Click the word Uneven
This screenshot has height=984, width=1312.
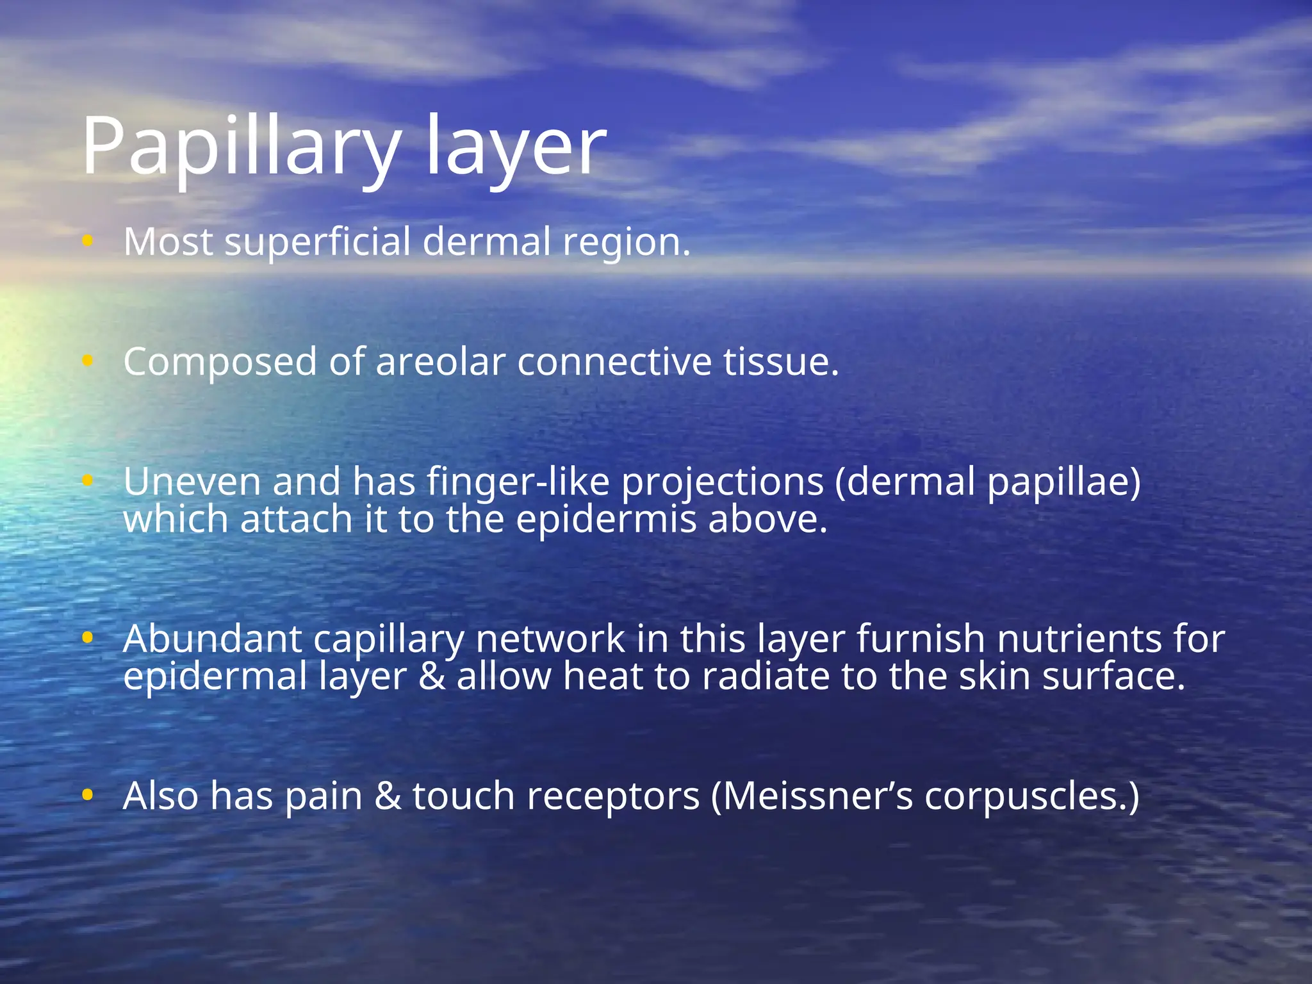pos(192,482)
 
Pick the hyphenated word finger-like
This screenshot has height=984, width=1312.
pos(518,482)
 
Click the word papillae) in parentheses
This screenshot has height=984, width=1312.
pos(1064,482)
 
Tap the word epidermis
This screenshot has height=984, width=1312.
pos(606,520)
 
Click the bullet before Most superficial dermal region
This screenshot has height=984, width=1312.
pos(88,242)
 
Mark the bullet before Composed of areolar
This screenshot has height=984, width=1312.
pos(88,361)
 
